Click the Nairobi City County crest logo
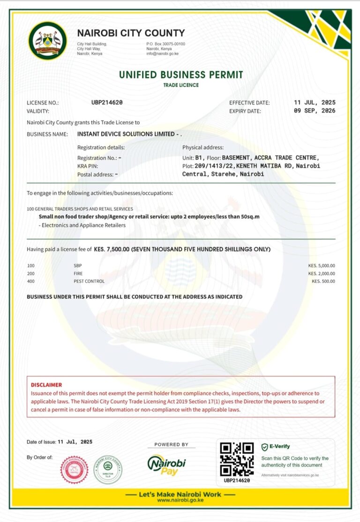coord(47,41)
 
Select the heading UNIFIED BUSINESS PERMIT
coord(181,75)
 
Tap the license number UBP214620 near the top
coord(107,102)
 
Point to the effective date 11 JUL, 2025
coord(315,102)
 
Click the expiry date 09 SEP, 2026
coord(315,111)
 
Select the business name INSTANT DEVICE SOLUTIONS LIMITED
coord(126,134)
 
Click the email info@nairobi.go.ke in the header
coord(162,54)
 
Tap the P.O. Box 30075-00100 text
coord(165,44)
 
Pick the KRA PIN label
coord(87,166)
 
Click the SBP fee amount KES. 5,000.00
coord(322,265)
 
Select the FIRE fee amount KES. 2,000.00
coord(322,273)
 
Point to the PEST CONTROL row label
coord(89,281)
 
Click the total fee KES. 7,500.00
coord(112,249)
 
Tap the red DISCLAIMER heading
coord(46,385)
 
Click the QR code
coord(237,459)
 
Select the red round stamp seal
coord(75,469)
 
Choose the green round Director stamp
coord(108,469)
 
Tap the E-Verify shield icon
coord(264,447)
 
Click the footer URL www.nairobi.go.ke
coord(180,500)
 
